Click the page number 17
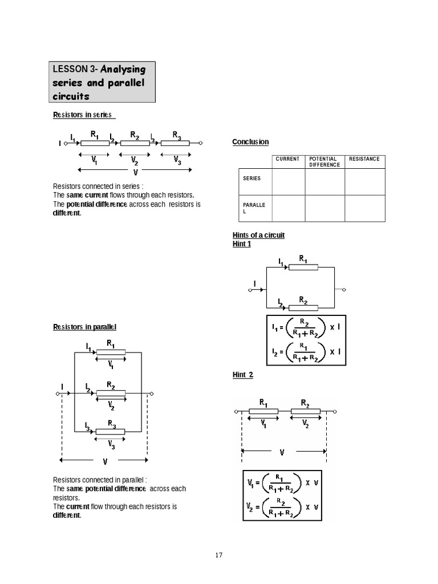219,555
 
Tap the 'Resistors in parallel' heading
84,327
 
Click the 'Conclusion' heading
250,141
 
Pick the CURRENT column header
287,159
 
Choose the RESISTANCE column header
364,159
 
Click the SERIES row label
252,179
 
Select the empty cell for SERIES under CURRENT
288,182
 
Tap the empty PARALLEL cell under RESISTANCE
364,208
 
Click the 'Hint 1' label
241,244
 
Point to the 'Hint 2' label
242,375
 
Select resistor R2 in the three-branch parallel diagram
111,393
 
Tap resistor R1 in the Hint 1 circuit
303,266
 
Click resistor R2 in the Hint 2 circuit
305,411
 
